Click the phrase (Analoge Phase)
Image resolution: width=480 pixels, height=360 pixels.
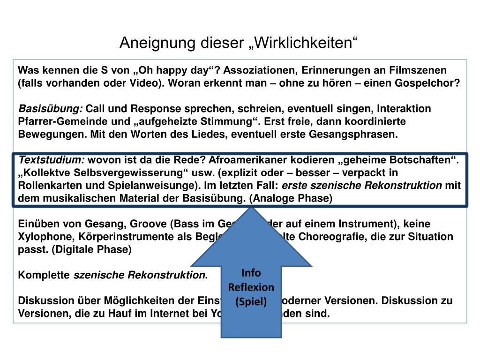[291, 198]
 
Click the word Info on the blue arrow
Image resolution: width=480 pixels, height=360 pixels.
[251, 273]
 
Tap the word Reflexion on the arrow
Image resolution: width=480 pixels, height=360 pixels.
[251, 287]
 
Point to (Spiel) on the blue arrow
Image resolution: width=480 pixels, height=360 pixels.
[251, 301]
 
